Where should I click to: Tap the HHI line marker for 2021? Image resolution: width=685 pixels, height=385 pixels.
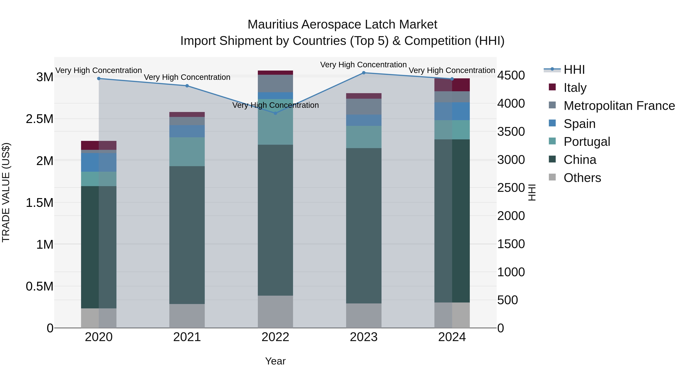[187, 86]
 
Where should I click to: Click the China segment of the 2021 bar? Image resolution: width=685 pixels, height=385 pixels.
[187, 235]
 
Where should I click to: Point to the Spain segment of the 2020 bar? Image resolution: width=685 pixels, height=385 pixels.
[99, 162]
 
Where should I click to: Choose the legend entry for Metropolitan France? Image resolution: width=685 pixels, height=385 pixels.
[619, 106]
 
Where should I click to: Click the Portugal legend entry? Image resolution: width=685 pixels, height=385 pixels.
[587, 142]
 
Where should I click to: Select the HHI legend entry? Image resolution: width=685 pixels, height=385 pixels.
[574, 70]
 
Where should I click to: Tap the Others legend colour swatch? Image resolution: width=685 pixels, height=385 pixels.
[552, 177]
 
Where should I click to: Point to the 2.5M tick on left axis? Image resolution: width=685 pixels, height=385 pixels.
[39, 119]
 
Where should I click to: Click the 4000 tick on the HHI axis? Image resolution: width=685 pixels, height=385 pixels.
[511, 103]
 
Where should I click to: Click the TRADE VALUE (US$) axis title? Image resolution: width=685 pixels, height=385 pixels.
[6, 192]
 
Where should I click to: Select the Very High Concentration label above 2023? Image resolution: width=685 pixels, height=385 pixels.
[363, 65]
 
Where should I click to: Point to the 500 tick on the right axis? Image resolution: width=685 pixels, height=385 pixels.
[507, 300]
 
